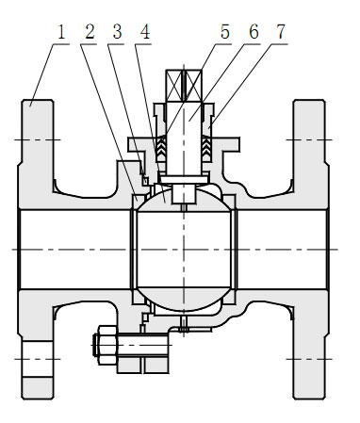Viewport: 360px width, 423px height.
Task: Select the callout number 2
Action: click(x=89, y=32)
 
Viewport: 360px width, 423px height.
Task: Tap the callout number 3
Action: click(x=117, y=32)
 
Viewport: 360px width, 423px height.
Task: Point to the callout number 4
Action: click(x=144, y=32)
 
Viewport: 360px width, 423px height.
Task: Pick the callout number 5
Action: click(x=225, y=32)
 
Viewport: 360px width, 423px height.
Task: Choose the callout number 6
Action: click(x=254, y=32)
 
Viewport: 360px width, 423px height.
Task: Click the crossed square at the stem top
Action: click(x=184, y=86)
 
